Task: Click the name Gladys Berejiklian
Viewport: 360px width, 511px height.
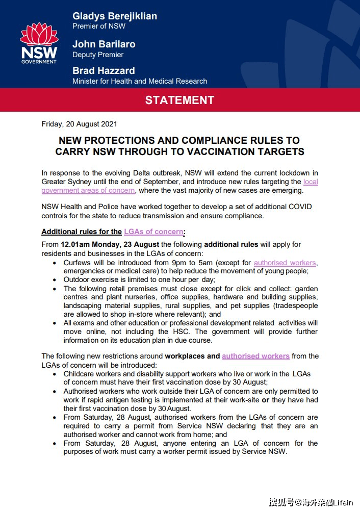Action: (x=115, y=16)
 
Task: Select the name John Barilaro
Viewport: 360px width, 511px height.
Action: (x=104, y=44)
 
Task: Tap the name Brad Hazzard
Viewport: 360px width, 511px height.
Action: (x=104, y=70)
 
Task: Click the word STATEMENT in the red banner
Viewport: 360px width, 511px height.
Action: (x=179, y=100)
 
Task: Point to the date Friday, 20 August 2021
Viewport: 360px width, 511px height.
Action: (x=80, y=124)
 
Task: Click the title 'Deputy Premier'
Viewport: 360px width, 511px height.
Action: (x=98, y=55)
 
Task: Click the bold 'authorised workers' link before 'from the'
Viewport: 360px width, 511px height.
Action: (x=256, y=356)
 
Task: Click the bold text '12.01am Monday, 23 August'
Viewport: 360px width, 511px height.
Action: (x=110, y=244)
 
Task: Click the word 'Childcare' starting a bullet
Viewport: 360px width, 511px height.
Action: (x=81, y=374)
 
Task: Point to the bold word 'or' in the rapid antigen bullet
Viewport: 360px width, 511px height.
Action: (x=266, y=400)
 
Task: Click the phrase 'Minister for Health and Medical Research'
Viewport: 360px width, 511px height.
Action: (x=140, y=81)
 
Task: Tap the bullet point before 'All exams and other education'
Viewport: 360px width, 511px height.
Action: (x=55, y=323)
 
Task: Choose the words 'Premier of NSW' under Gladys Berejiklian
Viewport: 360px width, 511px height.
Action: (x=99, y=26)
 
